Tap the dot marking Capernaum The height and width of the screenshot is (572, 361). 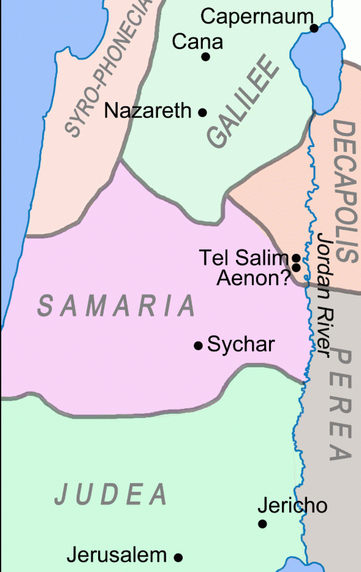[314, 28]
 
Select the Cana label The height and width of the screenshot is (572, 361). [197, 42]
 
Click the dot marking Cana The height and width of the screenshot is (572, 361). [206, 57]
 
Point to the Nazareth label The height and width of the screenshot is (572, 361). [148, 111]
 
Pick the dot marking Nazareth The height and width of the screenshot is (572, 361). [202, 112]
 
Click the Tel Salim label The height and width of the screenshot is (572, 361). [243, 258]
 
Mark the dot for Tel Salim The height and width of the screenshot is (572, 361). [295, 258]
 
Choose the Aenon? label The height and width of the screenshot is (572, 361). [253, 278]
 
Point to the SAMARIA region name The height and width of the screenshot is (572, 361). [117, 305]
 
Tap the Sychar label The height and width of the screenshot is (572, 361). [240, 345]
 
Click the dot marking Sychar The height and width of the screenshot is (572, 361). [198, 346]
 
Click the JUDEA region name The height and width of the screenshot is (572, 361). [111, 494]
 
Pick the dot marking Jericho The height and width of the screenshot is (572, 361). [262, 524]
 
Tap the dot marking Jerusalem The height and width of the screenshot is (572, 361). [178, 557]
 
